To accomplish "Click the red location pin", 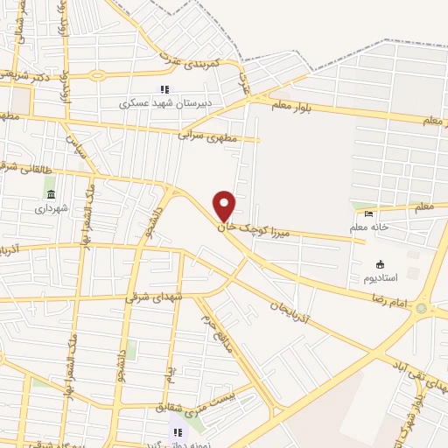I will [225, 206].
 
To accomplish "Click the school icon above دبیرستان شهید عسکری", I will [164, 90].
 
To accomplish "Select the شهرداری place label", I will [51, 208].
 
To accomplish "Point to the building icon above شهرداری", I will [50, 194].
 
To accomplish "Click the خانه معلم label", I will [368, 227].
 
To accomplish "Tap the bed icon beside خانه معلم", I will [368, 213].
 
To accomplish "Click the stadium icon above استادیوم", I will [380, 264].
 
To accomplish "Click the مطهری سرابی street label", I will [207, 133].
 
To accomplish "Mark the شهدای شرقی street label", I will [155, 297].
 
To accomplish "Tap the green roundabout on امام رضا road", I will [424, 308].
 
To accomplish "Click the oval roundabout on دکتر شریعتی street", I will [95, 75].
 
